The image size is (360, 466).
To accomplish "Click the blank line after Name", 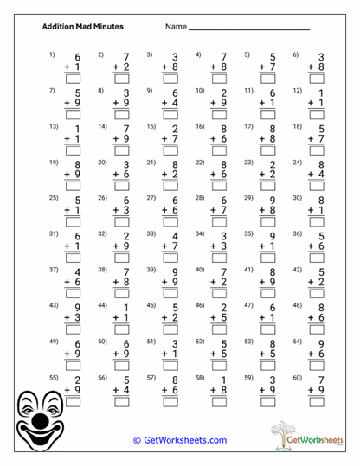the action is tap(249, 29).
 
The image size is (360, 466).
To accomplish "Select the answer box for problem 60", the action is tap(315, 401).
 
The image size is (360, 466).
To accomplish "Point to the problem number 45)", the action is tap(151, 305).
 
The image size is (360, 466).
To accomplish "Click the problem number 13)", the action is tap(53, 126).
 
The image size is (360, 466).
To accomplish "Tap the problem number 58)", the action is tap(200, 377).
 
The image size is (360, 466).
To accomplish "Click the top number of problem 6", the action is tap(321, 57).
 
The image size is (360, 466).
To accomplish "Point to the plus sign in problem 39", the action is tap(163, 281).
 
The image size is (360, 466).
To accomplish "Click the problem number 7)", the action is tap(52, 90).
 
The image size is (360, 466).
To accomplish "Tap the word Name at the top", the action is tap(176, 27).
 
